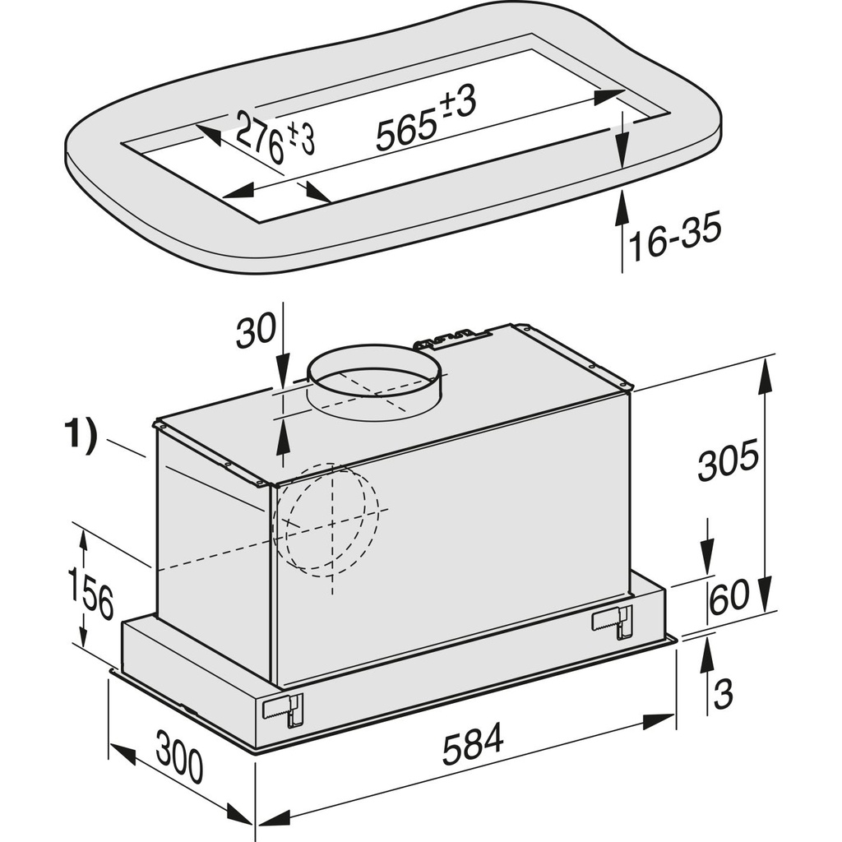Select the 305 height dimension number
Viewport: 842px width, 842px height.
coord(727,463)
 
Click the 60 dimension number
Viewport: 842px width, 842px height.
coord(729,595)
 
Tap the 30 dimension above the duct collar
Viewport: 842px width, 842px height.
coord(256,332)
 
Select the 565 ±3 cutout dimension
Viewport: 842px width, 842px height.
coord(427,122)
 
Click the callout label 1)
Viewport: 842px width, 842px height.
coord(81,437)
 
